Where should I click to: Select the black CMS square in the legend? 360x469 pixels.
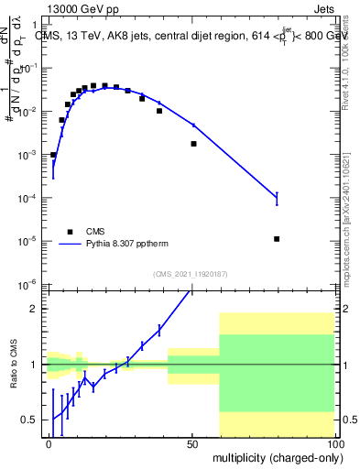point(68,231)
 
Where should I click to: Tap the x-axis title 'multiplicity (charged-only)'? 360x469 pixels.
point(274,456)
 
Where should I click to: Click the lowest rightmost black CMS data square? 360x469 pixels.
point(277,239)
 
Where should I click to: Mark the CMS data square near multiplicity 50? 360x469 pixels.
point(193,144)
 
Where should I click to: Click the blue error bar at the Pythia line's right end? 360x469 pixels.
point(277,195)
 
